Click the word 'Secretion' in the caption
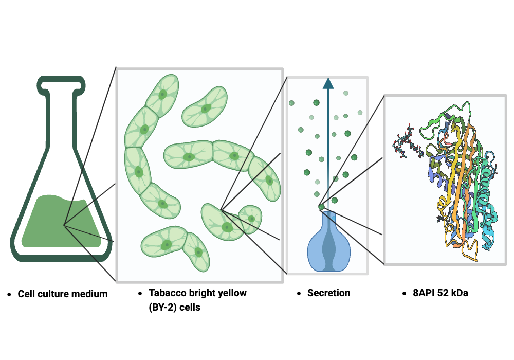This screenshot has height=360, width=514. [x=328, y=293]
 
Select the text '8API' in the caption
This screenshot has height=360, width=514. [x=423, y=293]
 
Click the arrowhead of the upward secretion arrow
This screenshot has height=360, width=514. [x=328, y=84]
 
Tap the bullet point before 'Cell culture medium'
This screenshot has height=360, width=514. [x=10, y=295]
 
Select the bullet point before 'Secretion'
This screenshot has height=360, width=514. [x=299, y=294]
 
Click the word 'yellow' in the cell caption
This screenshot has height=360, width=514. [x=232, y=293]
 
